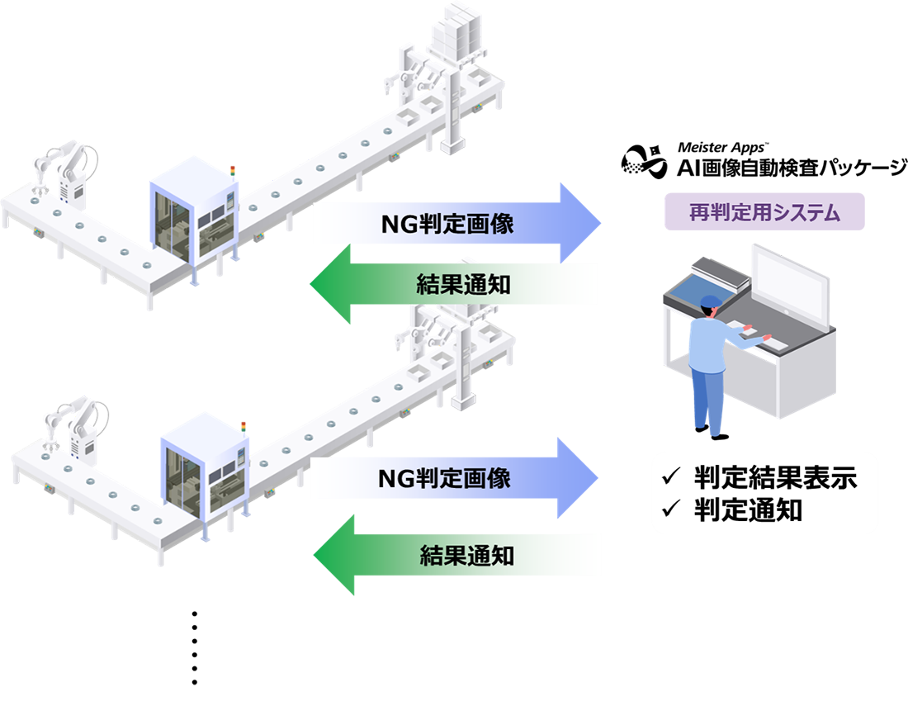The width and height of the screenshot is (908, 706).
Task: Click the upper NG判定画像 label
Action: coord(447,224)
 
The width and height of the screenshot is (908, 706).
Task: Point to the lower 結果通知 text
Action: coord(467,555)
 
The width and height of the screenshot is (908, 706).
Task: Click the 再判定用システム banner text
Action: coord(764,213)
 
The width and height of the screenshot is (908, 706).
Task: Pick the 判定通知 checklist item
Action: coord(748,510)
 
